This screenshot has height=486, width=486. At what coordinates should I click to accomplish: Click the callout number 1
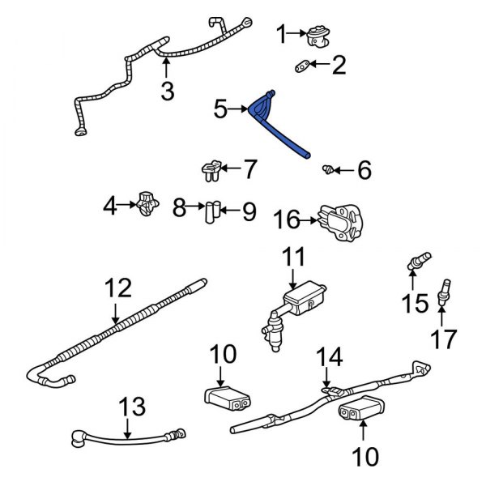pos(282,34)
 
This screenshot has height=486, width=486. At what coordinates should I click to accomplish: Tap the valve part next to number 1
pos(316,34)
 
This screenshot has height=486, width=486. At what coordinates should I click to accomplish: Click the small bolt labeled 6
pos(329,169)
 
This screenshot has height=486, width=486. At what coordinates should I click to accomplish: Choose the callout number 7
pos(249,169)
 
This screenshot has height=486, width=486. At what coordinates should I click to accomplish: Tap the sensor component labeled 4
pos(147,205)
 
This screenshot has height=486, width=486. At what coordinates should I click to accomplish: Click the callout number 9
pos(249,211)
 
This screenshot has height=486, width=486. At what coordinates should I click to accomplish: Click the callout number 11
pos(293,258)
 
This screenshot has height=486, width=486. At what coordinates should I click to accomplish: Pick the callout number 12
pos(116,288)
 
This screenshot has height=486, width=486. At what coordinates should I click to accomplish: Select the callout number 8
pos(180,210)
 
